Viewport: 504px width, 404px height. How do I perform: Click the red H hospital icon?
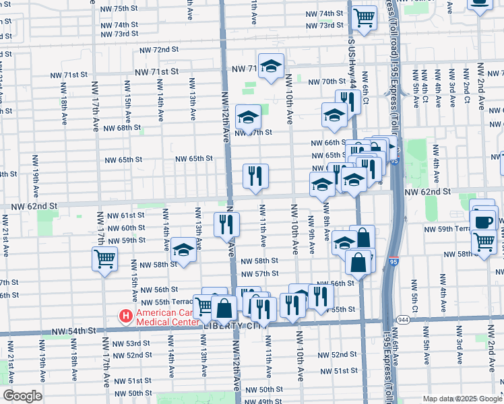coord(125,315)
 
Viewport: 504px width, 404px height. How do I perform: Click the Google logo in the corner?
coord(22,396)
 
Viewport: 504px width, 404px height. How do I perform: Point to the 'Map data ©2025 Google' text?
coord(462,399)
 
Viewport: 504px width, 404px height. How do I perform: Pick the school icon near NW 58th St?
coord(183,250)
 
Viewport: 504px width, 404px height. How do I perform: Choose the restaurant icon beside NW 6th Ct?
coord(348,102)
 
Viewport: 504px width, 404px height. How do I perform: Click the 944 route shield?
coord(404,319)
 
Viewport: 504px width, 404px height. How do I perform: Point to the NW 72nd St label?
coord(159,50)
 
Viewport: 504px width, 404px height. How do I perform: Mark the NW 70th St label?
coord(327,82)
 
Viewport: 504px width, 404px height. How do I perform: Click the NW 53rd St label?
coord(129,344)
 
